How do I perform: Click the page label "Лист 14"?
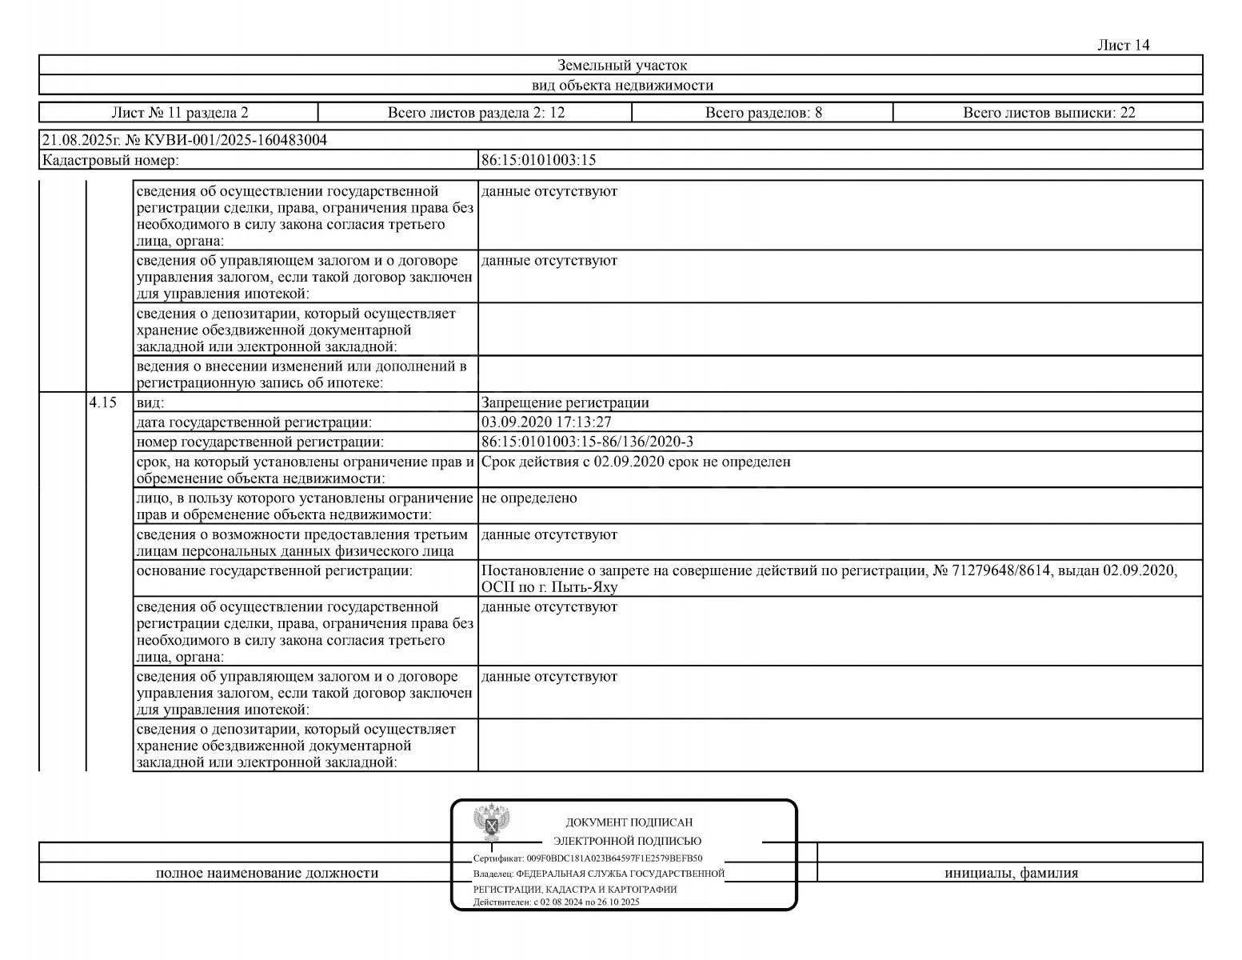pos(1124,46)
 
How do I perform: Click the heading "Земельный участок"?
pos(621,66)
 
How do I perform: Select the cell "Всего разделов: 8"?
pos(763,113)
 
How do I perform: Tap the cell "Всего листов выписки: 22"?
pos(1048,113)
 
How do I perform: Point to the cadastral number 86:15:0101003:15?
pos(538,160)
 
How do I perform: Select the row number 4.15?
pos(103,402)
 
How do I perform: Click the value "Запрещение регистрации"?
pos(565,403)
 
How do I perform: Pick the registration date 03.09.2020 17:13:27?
pos(546,422)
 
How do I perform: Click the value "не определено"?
pos(529,498)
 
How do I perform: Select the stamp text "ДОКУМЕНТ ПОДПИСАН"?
pos(629,822)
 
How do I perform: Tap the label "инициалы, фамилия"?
pos(1011,873)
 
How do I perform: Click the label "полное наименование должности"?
pos(267,873)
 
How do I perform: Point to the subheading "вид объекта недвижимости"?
pos(621,86)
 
